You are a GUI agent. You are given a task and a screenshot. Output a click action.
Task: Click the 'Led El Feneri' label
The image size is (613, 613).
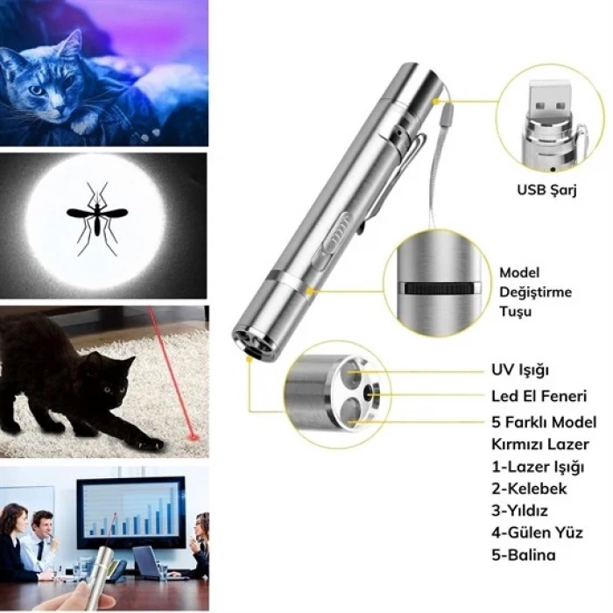click(539, 396)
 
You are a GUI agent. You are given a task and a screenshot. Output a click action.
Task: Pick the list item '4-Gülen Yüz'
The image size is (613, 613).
click(537, 532)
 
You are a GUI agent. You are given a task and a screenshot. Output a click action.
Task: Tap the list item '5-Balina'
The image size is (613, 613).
click(524, 554)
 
